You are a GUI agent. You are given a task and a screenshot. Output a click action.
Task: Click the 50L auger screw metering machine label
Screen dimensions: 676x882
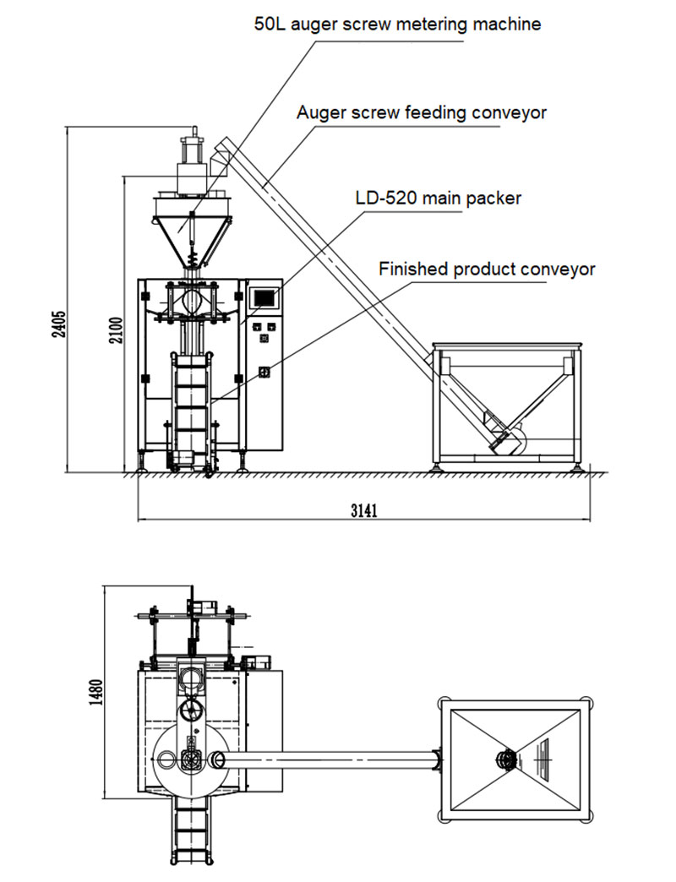click(x=397, y=24)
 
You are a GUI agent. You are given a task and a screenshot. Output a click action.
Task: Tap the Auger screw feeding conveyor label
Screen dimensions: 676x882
click(x=422, y=112)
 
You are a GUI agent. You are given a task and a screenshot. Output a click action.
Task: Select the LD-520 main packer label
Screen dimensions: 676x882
click(x=438, y=198)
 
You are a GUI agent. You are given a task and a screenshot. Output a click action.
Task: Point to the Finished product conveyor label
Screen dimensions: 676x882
click(x=487, y=269)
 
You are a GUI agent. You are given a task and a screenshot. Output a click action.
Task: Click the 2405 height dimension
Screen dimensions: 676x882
click(x=58, y=324)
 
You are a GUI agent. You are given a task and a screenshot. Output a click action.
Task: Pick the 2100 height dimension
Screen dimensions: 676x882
click(x=116, y=332)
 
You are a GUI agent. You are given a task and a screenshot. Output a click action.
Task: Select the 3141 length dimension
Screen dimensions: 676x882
click(x=364, y=510)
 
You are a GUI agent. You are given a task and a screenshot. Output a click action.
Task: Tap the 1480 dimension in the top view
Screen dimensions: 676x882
click(x=96, y=693)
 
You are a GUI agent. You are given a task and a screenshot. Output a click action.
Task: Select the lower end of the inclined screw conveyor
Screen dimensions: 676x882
click(x=506, y=438)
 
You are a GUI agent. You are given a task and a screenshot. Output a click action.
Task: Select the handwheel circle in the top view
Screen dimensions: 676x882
click(x=192, y=710)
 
